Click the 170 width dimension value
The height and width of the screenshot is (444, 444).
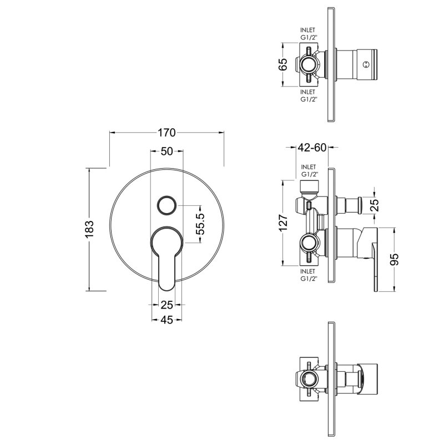click(x=167, y=133)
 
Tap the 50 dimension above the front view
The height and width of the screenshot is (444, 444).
click(x=167, y=152)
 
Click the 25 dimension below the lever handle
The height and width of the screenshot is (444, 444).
click(x=167, y=304)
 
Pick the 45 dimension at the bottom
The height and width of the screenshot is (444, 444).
click(x=167, y=319)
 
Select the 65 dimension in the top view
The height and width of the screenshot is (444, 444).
click(x=282, y=64)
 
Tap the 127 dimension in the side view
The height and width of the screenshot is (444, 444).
click(x=282, y=223)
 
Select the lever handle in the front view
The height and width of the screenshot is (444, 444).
click(x=167, y=255)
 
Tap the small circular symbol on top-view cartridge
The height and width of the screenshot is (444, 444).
click(x=365, y=65)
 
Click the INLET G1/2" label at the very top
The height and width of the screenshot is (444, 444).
click(x=308, y=34)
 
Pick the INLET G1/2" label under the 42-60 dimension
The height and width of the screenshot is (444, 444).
click(x=309, y=170)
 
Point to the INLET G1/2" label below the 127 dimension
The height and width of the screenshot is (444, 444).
click(x=308, y=275)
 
